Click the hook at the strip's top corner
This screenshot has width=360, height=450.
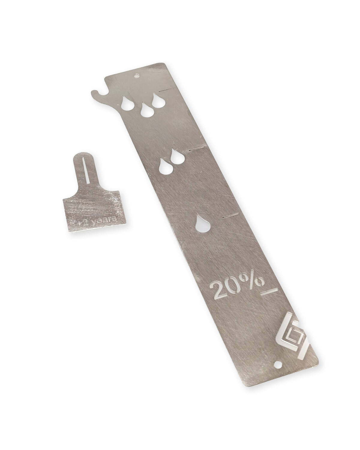coord(97,93)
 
